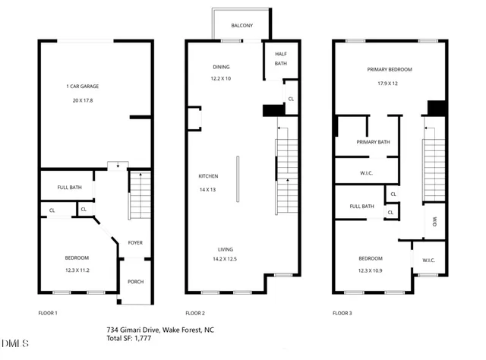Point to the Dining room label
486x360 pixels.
point(221,66)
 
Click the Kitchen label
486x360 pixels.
point(208,177)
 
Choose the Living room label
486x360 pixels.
point(226,249)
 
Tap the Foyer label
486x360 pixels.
point(135,243)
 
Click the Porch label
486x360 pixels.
point(135,282)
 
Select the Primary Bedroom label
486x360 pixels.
point(389,69)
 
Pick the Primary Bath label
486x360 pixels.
point(373,142)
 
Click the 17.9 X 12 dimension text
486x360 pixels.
point(389,83)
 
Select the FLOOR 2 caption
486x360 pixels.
point(196,313)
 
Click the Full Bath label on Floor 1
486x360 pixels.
point(69,188)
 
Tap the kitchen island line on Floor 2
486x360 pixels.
point(237,177)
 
